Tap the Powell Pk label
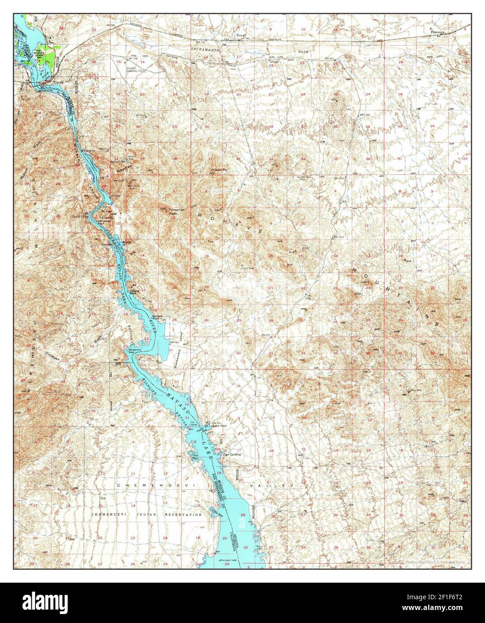tap(219, 170)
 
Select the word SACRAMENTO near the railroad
tap(204, 47)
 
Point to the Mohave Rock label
tap(160, 316)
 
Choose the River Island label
tap(106, 214)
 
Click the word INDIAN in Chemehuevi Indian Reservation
tap(144, 515)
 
